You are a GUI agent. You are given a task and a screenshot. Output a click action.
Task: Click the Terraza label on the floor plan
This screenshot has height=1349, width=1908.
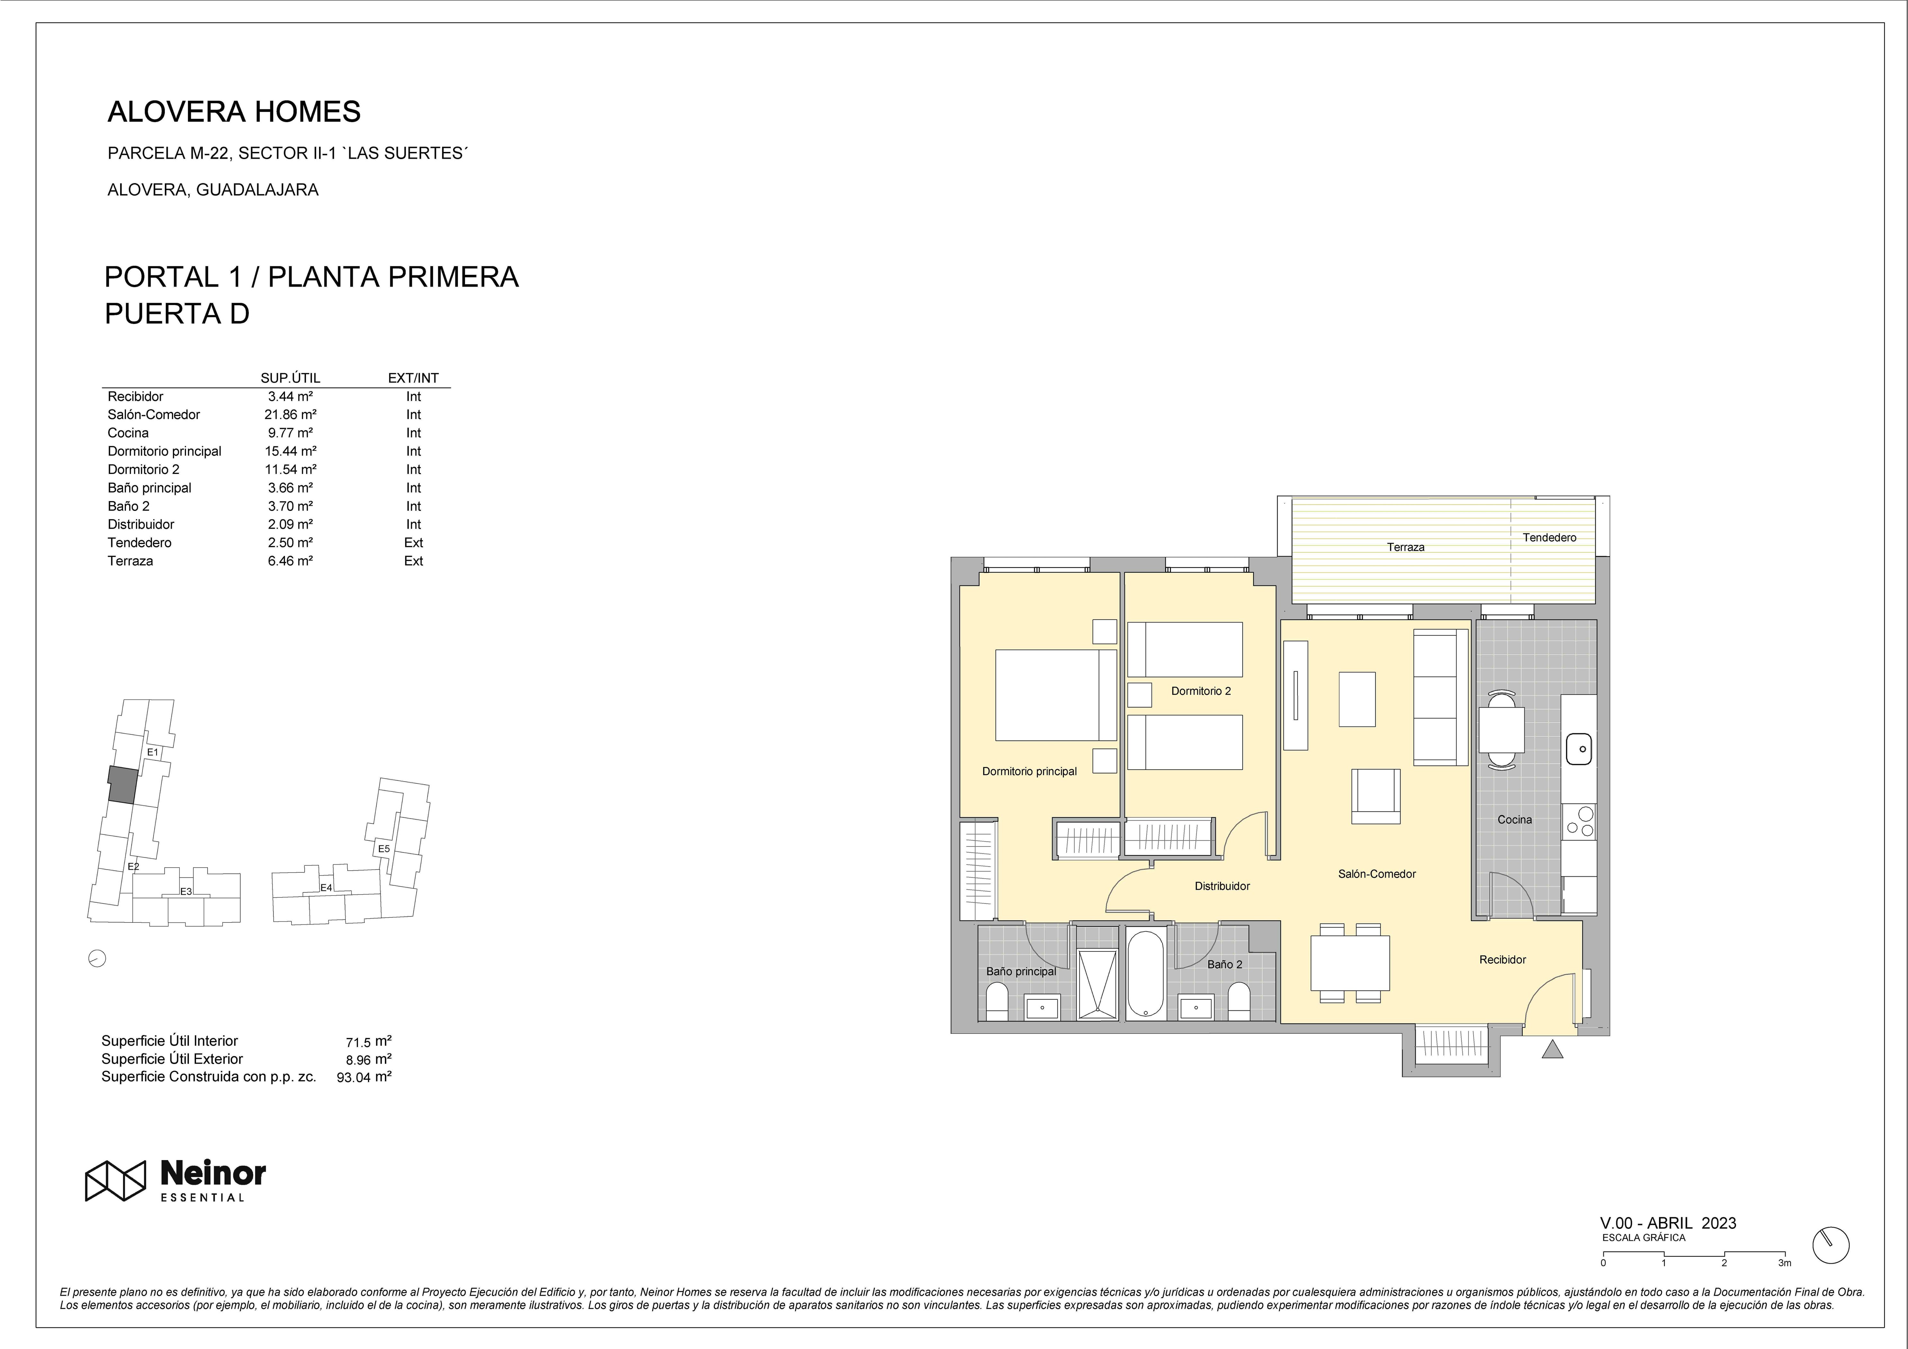coord(1405,547)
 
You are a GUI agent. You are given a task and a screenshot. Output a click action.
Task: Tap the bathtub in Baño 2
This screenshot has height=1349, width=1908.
coord(1145,974)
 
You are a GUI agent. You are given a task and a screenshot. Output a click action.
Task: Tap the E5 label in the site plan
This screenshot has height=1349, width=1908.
coord(384,849)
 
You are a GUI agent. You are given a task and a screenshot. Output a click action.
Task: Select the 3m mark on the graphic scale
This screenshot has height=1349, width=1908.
coord(1784,1263)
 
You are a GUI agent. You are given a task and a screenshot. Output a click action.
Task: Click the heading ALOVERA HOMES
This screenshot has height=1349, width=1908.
coord(234,112)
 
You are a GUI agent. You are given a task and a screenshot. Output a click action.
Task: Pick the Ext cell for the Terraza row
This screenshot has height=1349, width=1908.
coord(413,561)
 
